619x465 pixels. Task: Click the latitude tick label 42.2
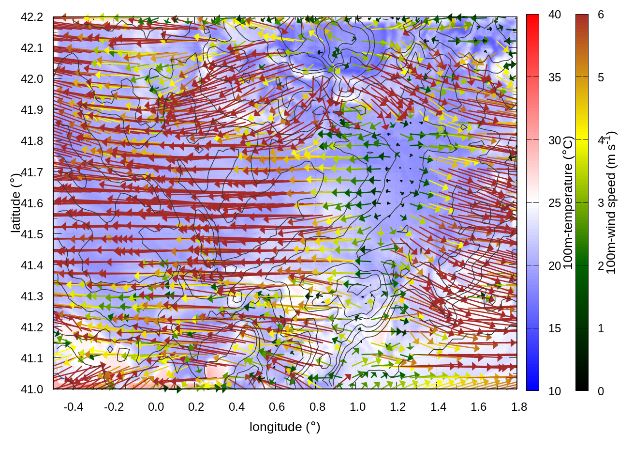pos(32,17)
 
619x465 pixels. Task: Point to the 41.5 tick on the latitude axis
pos(32,234)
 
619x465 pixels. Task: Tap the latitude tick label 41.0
pos(32,389)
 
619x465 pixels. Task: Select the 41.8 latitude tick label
pos(32,141)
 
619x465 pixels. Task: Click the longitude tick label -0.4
pos(73,407)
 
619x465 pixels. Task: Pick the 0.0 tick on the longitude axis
pos(156,407)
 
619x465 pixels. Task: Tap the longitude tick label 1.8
pos(519,407)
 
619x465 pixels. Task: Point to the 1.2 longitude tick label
pos(398,407)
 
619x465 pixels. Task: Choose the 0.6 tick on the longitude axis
pos(277,407)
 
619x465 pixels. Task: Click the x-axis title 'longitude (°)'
pos(285,427)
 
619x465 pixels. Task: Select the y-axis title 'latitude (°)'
pos(16,203)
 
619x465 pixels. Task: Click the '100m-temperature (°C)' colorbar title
pos(568,202)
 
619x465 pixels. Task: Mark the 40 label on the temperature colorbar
pos(555,15)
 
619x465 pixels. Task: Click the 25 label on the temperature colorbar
pos(555,203)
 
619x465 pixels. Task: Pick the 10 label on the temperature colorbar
pos(555,391)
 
